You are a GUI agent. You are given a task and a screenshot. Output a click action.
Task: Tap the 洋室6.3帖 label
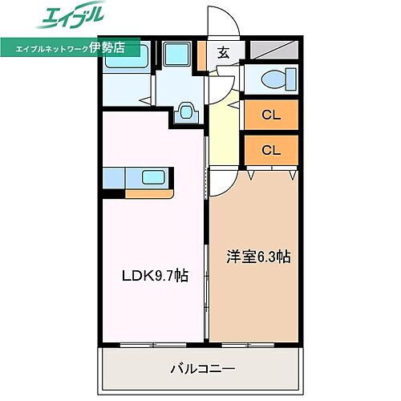click(x=257, y=257)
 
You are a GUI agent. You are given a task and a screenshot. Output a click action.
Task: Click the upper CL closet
click(x=271, y=115)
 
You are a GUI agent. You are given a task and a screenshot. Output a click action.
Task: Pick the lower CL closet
click(x=271, y=149)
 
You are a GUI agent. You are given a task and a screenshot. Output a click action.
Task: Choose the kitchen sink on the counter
click(x=152, y=176)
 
